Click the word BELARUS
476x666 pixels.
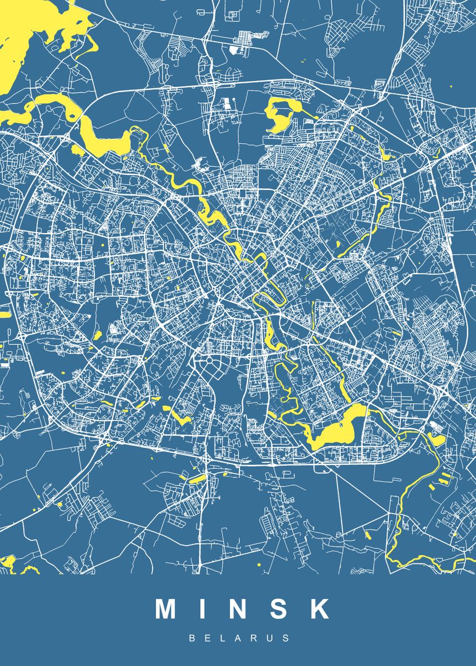[x=239, y=638]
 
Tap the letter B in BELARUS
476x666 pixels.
[x=192, y=638]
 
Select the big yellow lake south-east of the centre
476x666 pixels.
[x=339, y=427]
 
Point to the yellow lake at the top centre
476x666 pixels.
[x=278, y=114]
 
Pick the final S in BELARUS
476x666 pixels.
[x=287, y=638]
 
